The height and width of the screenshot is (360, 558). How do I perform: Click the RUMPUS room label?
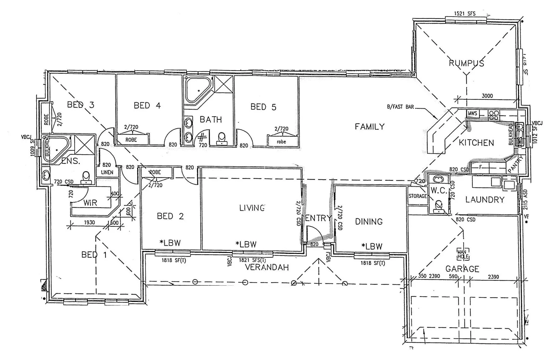[x=466, y=63]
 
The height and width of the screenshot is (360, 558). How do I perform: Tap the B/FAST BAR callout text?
[x=400, y=107]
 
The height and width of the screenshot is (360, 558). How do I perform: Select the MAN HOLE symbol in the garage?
[x=462, y=254]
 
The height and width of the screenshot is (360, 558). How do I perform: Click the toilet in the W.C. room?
[x=438, y=206]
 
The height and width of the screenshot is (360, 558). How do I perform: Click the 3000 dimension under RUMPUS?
[x=487, y=96]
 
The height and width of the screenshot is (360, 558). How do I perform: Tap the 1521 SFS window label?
[x=465, y=14]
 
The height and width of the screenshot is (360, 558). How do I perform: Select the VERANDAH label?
[x=267, y=267]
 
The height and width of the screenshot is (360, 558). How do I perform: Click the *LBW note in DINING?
[x=372, y=246]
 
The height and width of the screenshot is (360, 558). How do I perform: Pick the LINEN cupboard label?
[x=107, y=172]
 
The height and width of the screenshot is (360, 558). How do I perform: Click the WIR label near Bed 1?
[x=90, y=202]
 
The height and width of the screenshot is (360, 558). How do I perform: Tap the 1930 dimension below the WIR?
[x=89, y=222]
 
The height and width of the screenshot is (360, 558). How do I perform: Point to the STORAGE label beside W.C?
[x=418, y=196]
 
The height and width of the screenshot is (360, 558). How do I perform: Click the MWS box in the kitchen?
[x=472, y=114]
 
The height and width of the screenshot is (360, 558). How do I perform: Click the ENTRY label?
[x=319, y=218]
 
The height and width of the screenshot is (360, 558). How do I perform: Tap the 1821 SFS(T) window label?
[x=252, y=260]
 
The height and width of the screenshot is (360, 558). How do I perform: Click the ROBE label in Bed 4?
[x=131, y=140]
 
